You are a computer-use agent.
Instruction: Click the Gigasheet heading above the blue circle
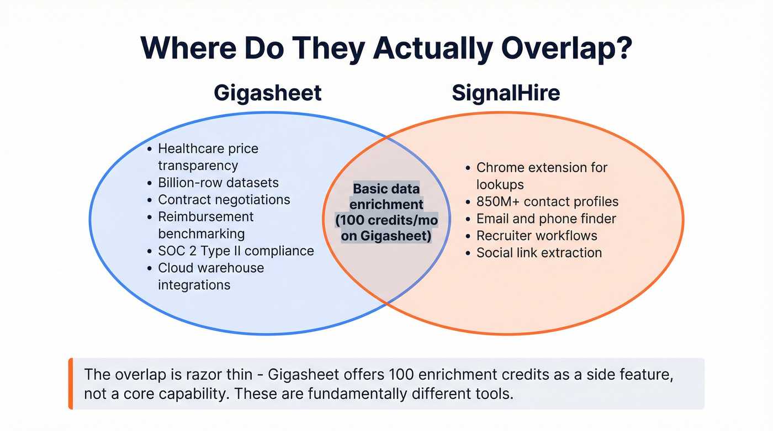(x=267, y=93)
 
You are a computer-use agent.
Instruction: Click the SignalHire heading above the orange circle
(x=506, y=93)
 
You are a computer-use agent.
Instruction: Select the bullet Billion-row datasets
(x=218, y=183)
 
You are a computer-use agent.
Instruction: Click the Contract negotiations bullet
(x=224, y=200)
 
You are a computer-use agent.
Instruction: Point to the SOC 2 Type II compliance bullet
(x=236, y=251)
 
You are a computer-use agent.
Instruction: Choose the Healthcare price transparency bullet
(x=208, y=157)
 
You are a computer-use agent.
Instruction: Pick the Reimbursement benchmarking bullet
(x=205, y=225)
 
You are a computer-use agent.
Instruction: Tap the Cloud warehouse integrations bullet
(x=210, y=276)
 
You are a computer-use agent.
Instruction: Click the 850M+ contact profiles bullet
(x=547, y=202)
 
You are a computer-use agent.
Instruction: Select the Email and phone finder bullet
(x=546, y=219)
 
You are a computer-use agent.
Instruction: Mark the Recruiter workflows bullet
(x=537, y=236)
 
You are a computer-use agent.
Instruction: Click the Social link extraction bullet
(x=539, y=253)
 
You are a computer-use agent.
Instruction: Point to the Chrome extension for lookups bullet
(x=541, y=175)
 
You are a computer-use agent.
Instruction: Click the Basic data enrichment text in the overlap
(x=386, y=196)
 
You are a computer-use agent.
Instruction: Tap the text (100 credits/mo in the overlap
(x=386, y=221)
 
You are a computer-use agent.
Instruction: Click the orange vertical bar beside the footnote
(x=71, y=384)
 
